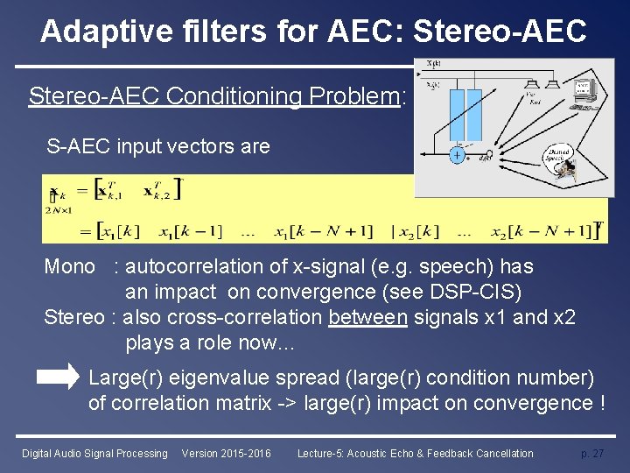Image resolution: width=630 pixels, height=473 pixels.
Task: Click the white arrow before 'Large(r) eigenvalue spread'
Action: pyautogui.click(x=59, y=378)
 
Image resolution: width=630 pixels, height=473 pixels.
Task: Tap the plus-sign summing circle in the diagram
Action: pyautogui.click(x=457, y=155)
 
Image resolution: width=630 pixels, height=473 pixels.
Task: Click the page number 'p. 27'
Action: pyautogui.click(x=592, y=454)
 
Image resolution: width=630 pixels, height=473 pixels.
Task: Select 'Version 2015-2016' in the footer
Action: pyautogui.click(x=226, y=454)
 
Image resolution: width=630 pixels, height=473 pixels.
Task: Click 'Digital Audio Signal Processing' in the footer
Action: pyautogui.click(x=94, y=454)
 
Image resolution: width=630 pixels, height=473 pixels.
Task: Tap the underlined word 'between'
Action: pyautogui.click(x=367, y=317)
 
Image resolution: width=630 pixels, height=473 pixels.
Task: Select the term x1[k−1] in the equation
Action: pyautogui.click(x=190, y=231)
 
